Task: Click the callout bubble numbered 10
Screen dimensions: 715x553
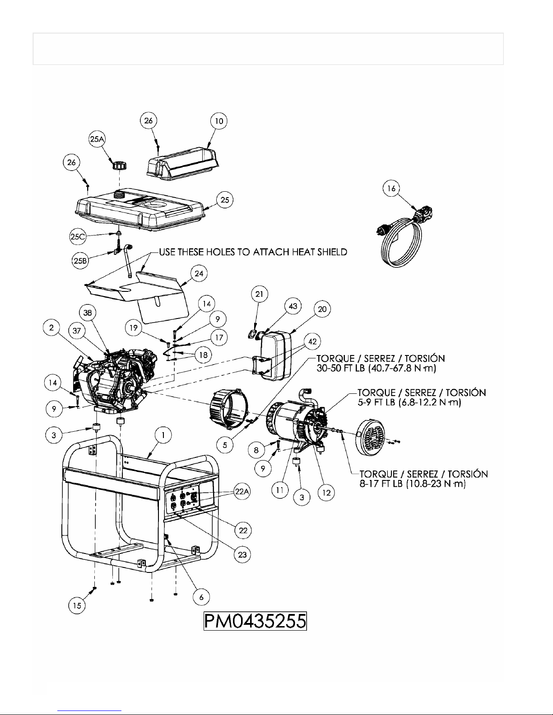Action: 219,120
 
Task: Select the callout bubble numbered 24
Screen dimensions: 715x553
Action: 199,273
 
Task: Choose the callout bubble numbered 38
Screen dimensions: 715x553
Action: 88,312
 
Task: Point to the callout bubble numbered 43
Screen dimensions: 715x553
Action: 293,306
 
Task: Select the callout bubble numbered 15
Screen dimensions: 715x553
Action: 78,605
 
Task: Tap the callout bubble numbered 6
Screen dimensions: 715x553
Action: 201,597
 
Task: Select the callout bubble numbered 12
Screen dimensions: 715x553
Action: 326,493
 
